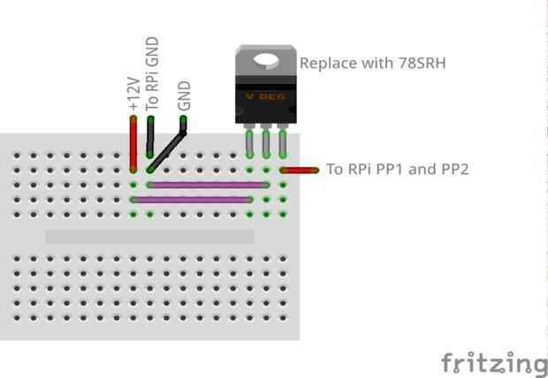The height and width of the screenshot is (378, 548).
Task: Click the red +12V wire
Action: [x=133, y=143]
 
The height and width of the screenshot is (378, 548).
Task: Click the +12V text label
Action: [x=133, y=94]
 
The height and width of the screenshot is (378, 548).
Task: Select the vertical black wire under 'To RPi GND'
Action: [x=151, y=141]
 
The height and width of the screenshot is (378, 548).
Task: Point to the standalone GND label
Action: [x=185, y=95]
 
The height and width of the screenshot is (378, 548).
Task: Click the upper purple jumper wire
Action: [x=208, y=185]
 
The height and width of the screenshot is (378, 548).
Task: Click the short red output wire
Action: [x=300, y=170]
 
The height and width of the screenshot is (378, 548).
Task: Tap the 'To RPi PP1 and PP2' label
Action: [x=397, y=169]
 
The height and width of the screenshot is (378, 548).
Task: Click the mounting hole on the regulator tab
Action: [x=266, y=61]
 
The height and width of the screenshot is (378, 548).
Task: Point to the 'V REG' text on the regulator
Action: [x=266, y=95]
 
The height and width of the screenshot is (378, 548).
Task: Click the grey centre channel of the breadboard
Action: [x=149, y=237]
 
